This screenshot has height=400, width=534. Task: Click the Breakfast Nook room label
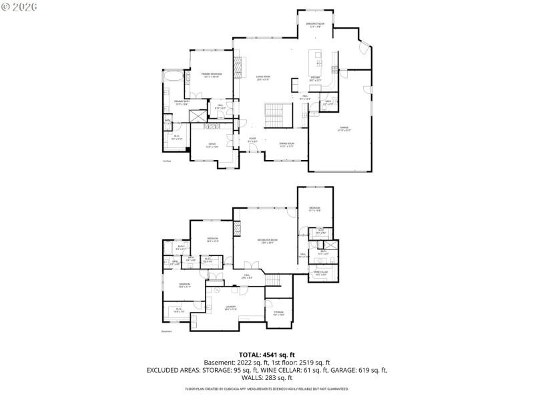[315, 25]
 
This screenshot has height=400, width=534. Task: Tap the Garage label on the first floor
[344, 129]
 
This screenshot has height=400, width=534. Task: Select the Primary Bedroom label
[212, 75]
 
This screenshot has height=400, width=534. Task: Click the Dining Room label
[286, 145]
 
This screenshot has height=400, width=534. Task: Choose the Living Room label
[262, 78]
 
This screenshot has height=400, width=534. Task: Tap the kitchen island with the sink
[316, 63]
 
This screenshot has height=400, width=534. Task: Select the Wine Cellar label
[321, 273]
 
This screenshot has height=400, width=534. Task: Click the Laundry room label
[230, 307]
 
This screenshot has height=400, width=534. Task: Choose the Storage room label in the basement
[278, 313]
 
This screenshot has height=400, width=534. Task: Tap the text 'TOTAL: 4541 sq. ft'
[267, 355]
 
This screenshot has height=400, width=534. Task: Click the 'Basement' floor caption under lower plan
[167, 331]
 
